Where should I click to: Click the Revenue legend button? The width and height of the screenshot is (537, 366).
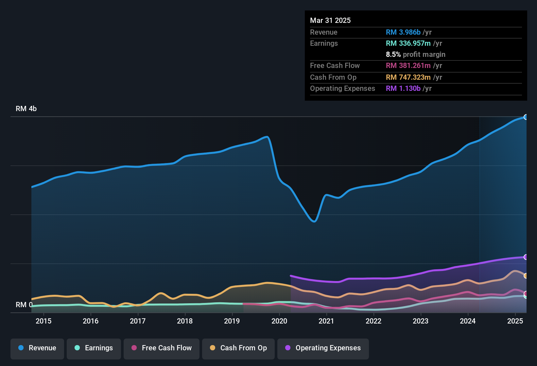[x=37, y=348]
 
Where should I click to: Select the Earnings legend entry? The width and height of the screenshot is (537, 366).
[x=94, y=348]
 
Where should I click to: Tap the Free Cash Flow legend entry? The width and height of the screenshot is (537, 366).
[x=162, y=348]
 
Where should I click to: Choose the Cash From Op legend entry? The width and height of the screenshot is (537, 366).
[x=238, y=348]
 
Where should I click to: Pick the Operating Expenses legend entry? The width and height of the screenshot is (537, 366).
[x=323, y=348]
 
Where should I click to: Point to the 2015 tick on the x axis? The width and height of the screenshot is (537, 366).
[x=43, y=321]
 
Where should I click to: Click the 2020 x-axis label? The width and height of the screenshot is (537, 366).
[x=279, y=321]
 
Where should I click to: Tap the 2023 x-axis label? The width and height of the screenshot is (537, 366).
[x=421, y=321]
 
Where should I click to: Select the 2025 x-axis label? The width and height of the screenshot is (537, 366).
[x=515, y=321]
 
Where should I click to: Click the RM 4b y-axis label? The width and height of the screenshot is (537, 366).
[x=26, y=109]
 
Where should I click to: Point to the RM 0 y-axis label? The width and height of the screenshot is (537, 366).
[x=24, y=305]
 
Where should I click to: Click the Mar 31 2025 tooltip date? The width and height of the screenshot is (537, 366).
[x=330, y=21]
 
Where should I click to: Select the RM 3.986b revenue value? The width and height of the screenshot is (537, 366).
[x=403, y=32]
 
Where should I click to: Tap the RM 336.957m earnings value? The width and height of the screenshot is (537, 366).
[x=408, y=43]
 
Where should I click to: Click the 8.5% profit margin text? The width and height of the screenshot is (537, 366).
[x=415, y=55]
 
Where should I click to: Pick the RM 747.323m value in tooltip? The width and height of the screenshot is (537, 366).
[x=408, y=77]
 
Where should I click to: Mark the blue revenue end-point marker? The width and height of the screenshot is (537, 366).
[x=526, y=117]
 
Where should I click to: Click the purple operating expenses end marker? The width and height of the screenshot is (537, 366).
[x=526, y=257]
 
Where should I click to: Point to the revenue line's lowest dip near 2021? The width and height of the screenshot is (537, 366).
[x=314, y=222]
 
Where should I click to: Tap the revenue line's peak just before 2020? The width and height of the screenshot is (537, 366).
[x=267, y=137]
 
